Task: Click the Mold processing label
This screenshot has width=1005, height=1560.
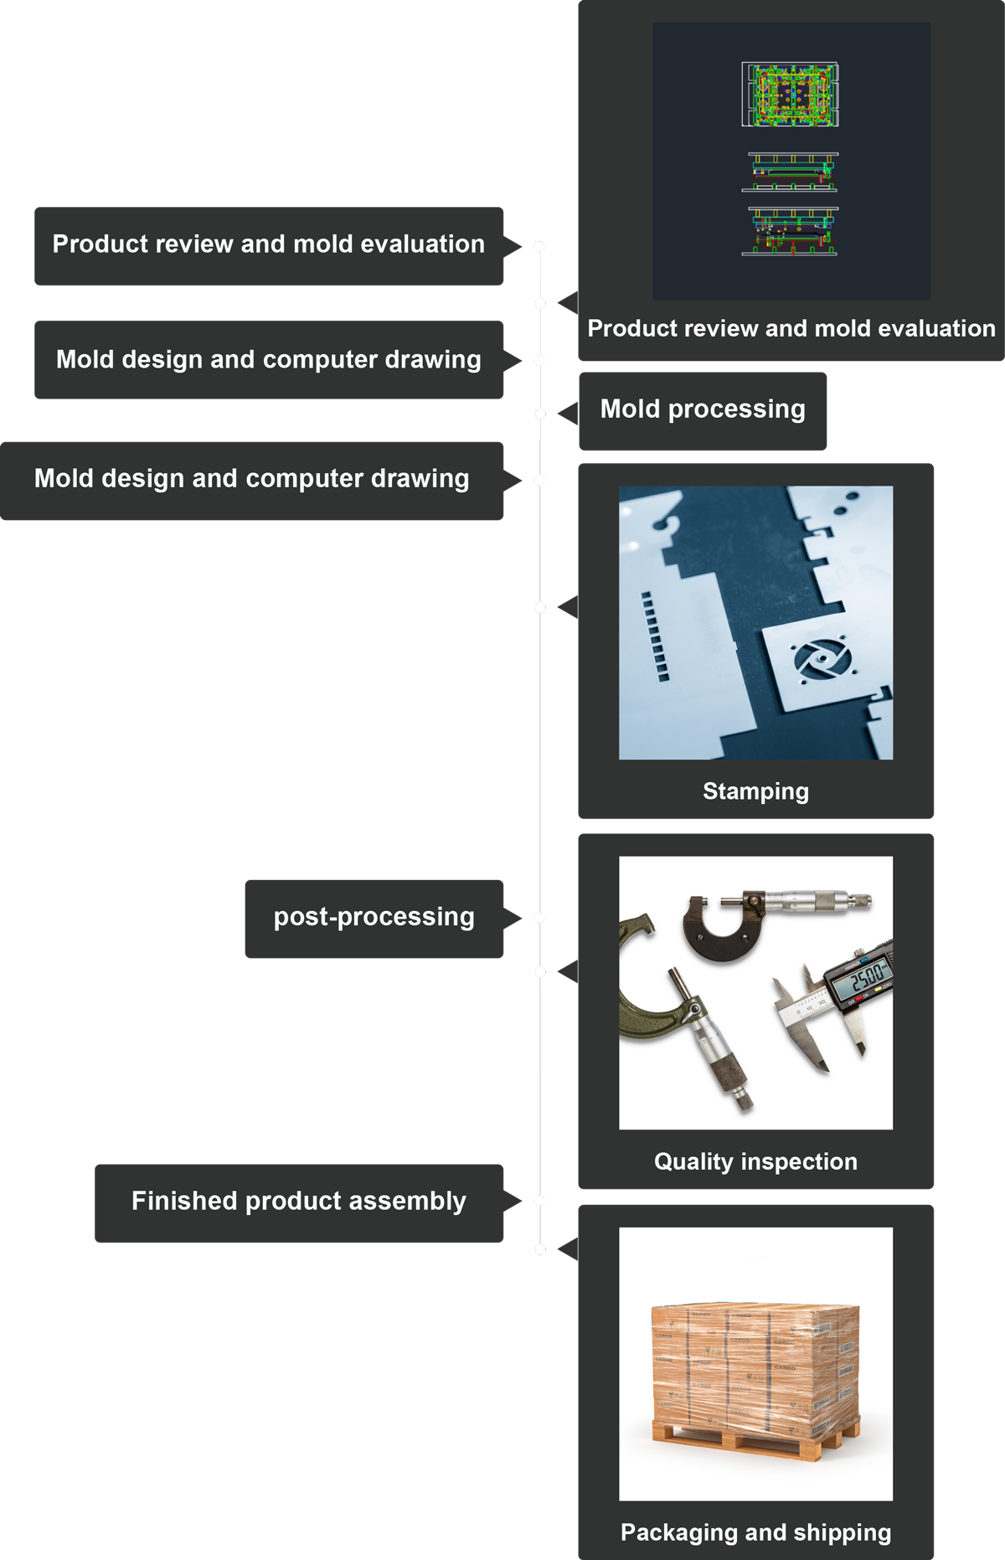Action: [x=703, y=409]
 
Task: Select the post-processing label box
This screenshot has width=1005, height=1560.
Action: [x=374, y=918]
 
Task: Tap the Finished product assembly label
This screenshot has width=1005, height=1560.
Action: [x=298, y=1202]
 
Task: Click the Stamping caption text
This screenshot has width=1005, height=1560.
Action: [x=755, y=791]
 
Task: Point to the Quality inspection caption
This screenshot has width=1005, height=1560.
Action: [x=755, y=1161]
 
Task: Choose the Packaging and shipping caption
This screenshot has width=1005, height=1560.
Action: [x=755, y=1532]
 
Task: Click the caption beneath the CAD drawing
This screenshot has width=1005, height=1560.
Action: [x=791, y=328]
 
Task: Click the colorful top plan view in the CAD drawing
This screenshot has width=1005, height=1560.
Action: [x=790, y=95]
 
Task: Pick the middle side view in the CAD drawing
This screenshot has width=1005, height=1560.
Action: [x=790, y=172]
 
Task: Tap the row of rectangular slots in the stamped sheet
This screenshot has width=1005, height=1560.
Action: [x=655, y=636]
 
